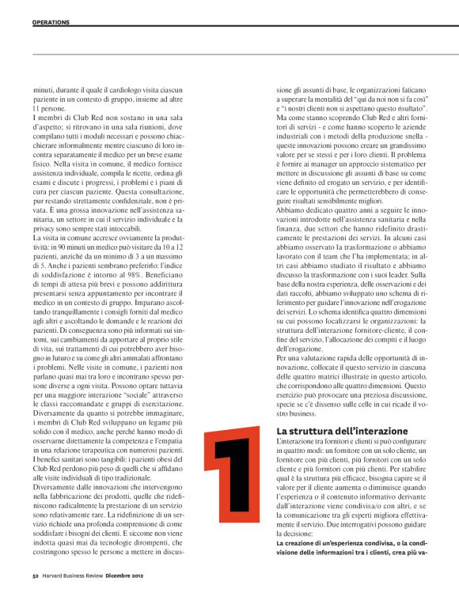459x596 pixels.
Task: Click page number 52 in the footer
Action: pyautogui.click(x=36, y=576)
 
